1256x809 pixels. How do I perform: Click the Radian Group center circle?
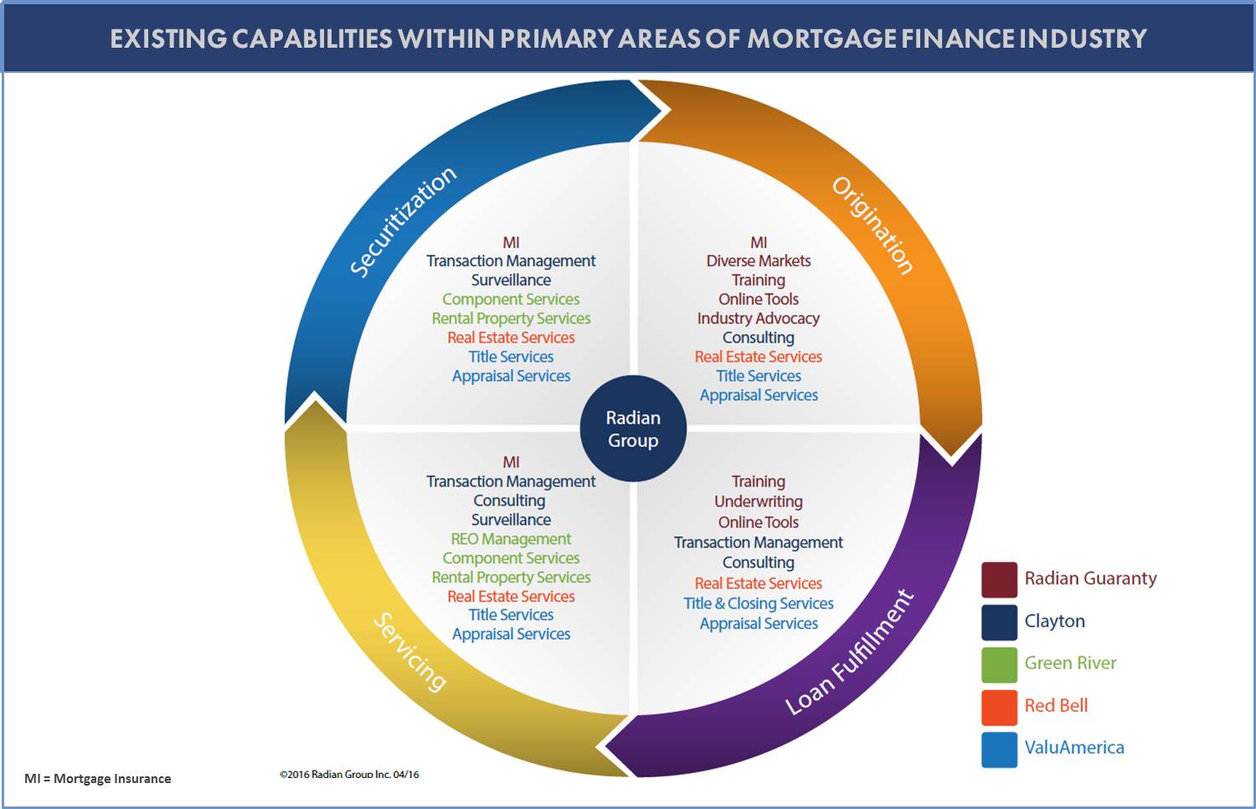(633, 429)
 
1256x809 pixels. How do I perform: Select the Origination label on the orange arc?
(872, 224)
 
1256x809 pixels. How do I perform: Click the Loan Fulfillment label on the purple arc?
(849, 652)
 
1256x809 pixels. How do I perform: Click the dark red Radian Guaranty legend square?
(999, 580)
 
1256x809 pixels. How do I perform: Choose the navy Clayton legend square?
(999, 621)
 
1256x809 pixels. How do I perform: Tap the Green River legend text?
(1070, 663)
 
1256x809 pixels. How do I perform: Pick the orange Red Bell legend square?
(999, 706)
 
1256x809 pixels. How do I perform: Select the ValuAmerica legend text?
(1074, 748)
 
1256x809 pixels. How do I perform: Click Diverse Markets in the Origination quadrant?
(759, 261)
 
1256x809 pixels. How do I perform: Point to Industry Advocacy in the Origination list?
(759, 318)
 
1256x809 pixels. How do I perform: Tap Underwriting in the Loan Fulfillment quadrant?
(759, 502)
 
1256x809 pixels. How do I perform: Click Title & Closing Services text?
(759, 604)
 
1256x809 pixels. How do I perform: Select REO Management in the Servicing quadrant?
(511, 539)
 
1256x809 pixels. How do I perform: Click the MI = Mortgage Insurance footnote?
(98, 779)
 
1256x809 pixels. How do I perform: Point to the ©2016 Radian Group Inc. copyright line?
(349, 775)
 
